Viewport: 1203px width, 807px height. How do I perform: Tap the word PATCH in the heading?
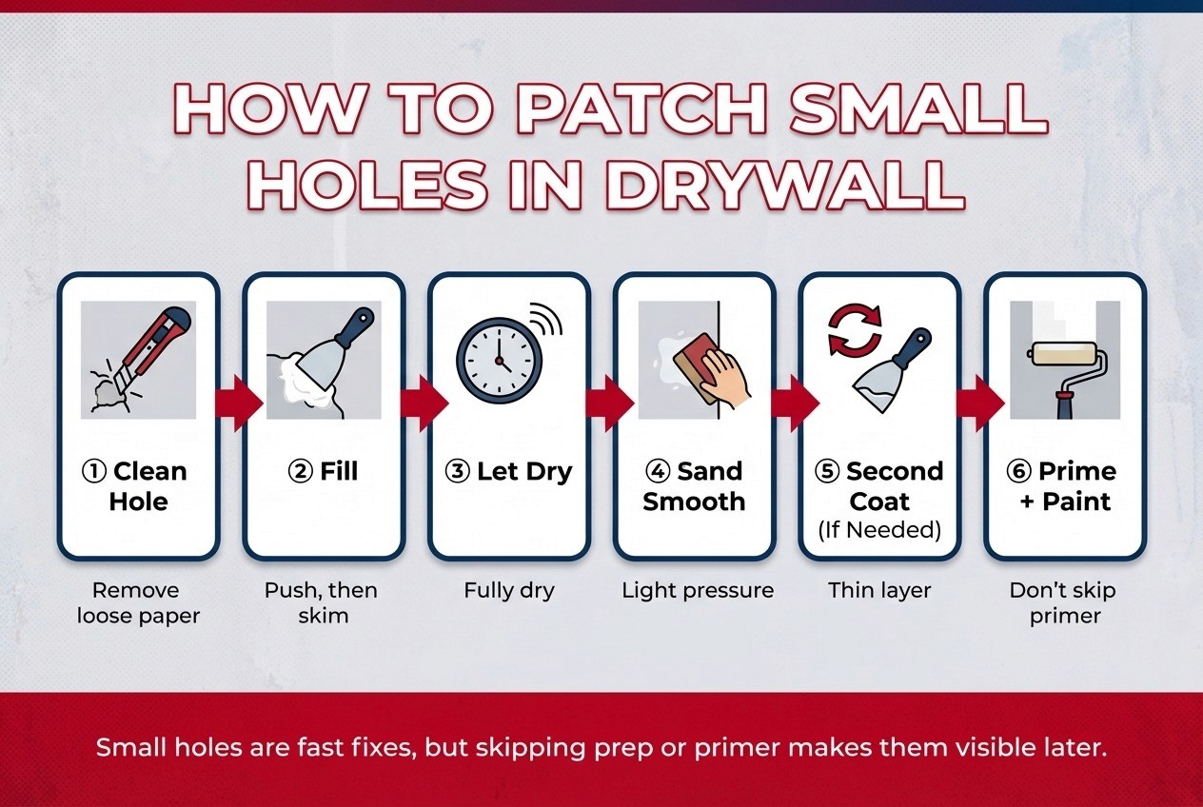coord(641,108)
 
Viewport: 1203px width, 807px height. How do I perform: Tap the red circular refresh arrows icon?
coord(855,330)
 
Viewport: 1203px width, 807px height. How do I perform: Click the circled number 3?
coord(458,471)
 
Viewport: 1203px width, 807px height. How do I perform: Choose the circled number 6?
coord(1018,471)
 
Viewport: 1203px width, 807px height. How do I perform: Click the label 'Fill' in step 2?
coord(339,471)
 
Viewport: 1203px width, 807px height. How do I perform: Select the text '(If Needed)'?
coord(879,530)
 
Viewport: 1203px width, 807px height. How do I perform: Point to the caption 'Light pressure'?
coord(698,591)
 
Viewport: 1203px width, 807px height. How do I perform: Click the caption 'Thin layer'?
coord(879,590)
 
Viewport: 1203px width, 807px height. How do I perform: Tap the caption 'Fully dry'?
coord(508,591)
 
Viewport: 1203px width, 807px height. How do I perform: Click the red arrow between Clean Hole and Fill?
coord(239,403)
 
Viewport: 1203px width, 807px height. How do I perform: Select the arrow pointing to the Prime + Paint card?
coord(980,403)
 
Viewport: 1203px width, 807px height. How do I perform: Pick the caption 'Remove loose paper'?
coord(138,603)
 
